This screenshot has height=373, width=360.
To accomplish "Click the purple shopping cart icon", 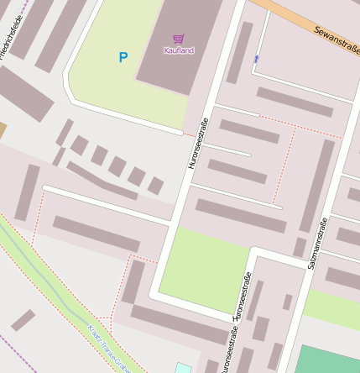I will click(x=178, y=39).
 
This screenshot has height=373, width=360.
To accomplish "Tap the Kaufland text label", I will click(x=178, y=51).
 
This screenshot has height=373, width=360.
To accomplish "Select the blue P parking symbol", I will click(x=123, y=58).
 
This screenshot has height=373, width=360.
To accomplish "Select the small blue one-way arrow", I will click(x=256, y=59).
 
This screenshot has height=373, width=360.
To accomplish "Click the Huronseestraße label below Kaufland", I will click(x=197, y=144).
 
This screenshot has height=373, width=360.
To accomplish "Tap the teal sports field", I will click(x=327, y=360).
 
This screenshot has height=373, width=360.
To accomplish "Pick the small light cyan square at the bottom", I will click(x=183, y=368).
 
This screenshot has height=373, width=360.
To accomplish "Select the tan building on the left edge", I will click(x=3, y=131).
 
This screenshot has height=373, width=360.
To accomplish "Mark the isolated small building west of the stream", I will click(x=23, y=320).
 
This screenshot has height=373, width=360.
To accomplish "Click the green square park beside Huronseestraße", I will click(x=204, y=269).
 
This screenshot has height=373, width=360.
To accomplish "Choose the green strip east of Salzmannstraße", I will click(x=331, y=307).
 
